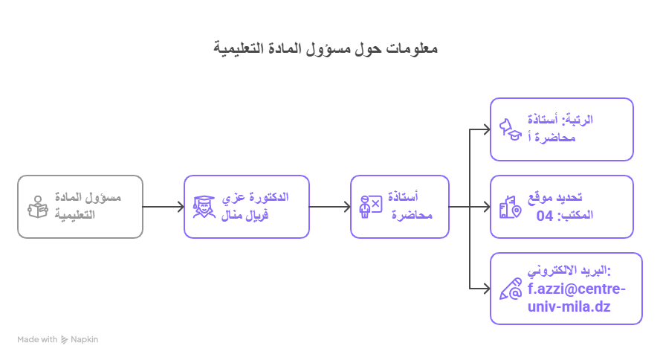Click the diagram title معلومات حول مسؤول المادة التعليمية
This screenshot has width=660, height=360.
click(325, 49)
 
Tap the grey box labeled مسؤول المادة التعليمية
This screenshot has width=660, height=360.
click(80, 207)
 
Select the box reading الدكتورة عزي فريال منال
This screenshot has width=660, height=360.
click(247, 207)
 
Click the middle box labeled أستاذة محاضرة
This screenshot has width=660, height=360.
click(400, 207)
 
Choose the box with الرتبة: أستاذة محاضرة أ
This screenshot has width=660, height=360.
click(562, 129)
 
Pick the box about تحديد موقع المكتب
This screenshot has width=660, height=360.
click(562, 207)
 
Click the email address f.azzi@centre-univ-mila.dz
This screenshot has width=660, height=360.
click(577, 298)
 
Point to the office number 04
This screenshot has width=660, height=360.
click(545, 216)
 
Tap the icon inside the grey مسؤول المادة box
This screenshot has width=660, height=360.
click(37, 207)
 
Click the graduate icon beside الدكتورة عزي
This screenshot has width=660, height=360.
click(203, 207)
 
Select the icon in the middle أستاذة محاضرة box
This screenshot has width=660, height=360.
click(370, 207)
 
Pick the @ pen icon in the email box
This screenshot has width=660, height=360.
click(511, 289)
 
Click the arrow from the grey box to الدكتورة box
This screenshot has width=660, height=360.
click(164, 207)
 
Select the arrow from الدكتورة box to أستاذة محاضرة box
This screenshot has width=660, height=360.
click(330, 207)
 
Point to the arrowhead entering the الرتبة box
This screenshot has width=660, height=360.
click(486, 129)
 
